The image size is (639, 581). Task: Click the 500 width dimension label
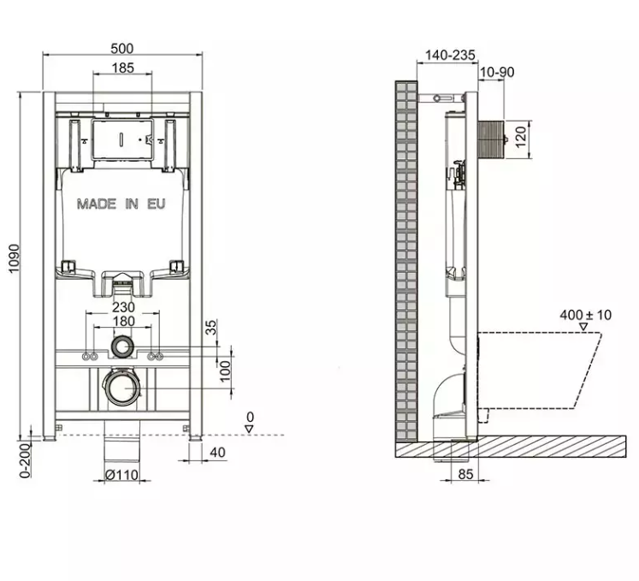(121, 49)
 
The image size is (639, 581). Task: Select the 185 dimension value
(122, 68)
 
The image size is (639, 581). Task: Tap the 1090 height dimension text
(14, 259)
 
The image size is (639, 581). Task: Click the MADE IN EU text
(121, 204)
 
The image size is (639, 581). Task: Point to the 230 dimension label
(123, 306)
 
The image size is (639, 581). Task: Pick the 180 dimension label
(123, 321)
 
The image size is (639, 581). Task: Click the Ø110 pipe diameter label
(121, 475)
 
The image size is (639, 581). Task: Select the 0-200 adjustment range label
(26, 460)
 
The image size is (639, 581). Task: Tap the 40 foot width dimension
(217, 452)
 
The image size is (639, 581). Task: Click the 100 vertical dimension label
(225, 371)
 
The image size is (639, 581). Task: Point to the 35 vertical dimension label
(211, 327)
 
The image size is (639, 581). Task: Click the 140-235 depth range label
(450, 55)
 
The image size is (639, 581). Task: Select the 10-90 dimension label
(497, 72)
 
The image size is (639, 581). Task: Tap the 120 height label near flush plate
(521, 137)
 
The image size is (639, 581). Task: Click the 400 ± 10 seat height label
(586, 315)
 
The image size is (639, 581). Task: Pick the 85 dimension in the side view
(465, 474)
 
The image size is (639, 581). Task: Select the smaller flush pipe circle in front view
(112, 347)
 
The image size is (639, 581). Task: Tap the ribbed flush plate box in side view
(492, 139)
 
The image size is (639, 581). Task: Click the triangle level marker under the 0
(250, 429)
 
